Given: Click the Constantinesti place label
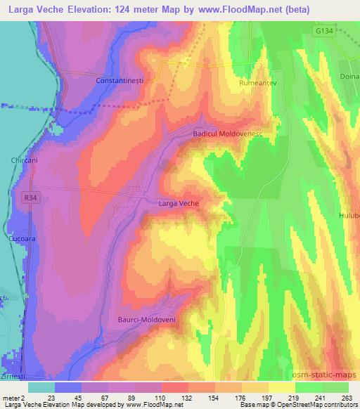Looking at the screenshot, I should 120,81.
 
